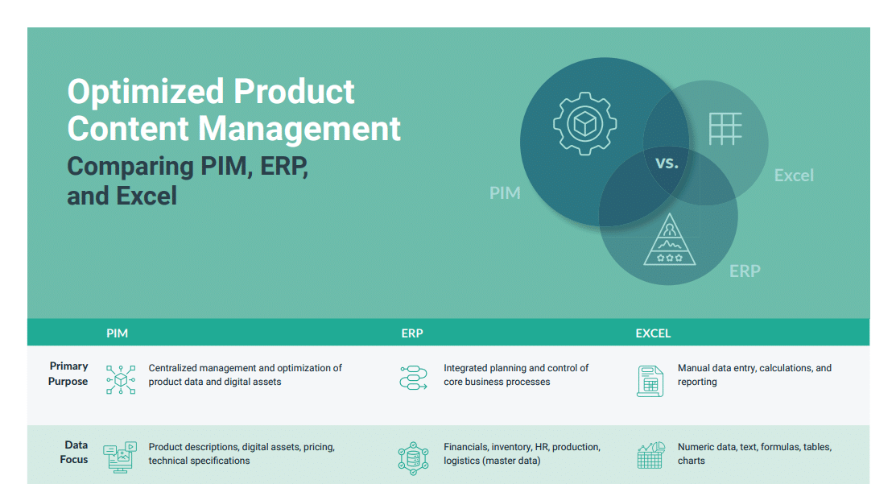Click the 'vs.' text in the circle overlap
click(x=667, y=163)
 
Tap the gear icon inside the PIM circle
click(x=584, y=124)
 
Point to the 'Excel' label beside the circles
click(x=793, y=176)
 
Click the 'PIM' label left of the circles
click(x=505, y=193)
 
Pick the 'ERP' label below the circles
click(x=744, y=271)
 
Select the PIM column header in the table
click(x=117, y=333)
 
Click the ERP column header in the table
click(x=411, y=333)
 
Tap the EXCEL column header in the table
click(x=652, y=333)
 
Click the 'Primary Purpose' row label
click(x=68, y=374)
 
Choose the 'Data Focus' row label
click(x=74, y=452)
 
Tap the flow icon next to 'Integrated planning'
click(x=413, y=377)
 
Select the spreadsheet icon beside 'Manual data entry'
click(x=649, y=380)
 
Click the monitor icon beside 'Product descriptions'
click(x=120, y=457)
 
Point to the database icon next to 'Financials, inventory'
click(x=413, y=457)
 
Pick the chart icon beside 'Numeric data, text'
click(x=650, y=455)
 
